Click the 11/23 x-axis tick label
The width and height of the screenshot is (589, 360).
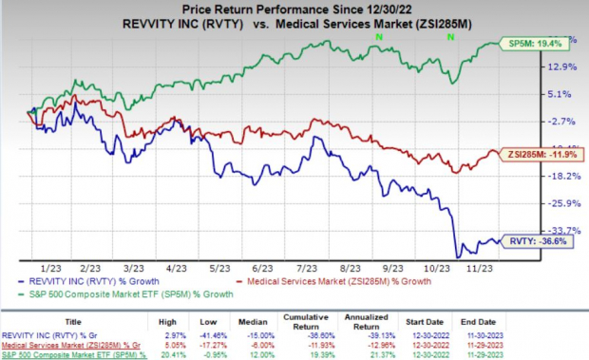click(470, 270)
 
